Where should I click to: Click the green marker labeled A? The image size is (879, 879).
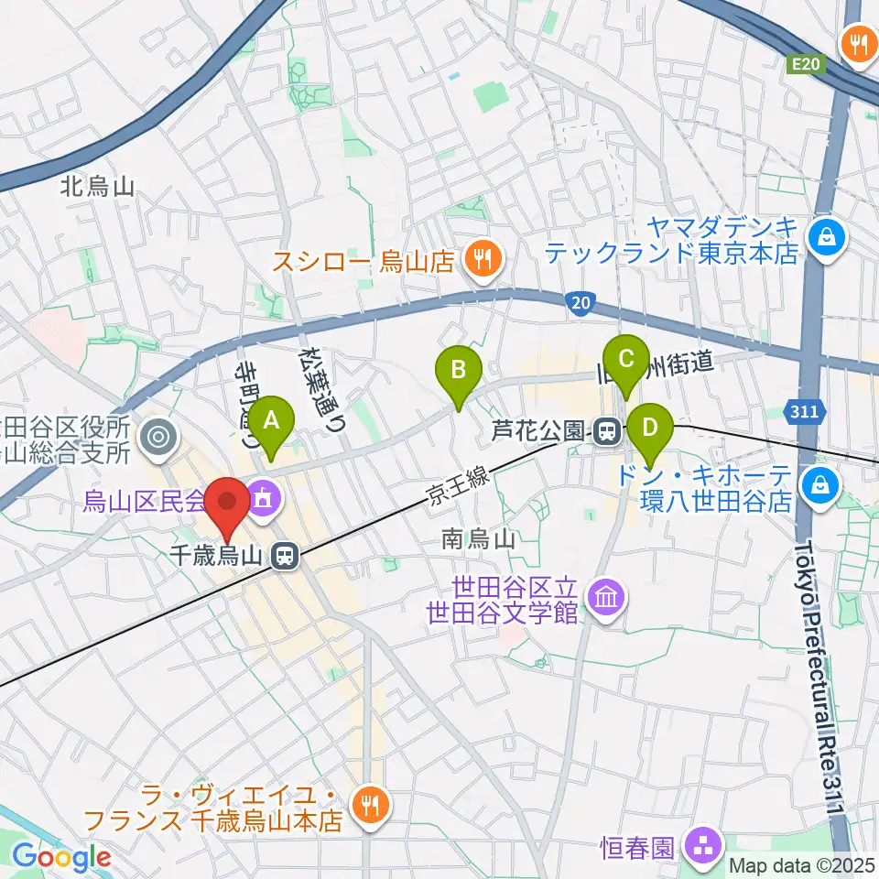pyautogui.click(x=271, y=421)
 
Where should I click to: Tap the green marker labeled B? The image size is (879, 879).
pyautogui.click(x=461, y=371)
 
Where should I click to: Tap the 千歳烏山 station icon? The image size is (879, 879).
pyautogui.click(x=287, y=554)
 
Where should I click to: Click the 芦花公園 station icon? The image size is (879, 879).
pyautogui.click(x=603, y=430)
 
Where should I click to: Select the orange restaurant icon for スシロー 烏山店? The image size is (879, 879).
pyautogui.click(x=480, y=260)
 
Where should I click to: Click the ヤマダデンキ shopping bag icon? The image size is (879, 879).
pyautogui.click(x=827, y=237)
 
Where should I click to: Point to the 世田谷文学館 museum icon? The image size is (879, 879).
pyautogui.click(x=608, y=599)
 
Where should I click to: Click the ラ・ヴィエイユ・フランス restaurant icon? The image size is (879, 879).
pyautogui.click(x=371, y=805)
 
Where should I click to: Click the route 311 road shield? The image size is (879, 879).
pyautogui.click(x=803, y=413)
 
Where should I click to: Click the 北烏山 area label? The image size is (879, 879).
pyautogui.click(x=98, y=187)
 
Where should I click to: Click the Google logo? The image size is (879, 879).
pyautogui.click(x=61, y=857)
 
